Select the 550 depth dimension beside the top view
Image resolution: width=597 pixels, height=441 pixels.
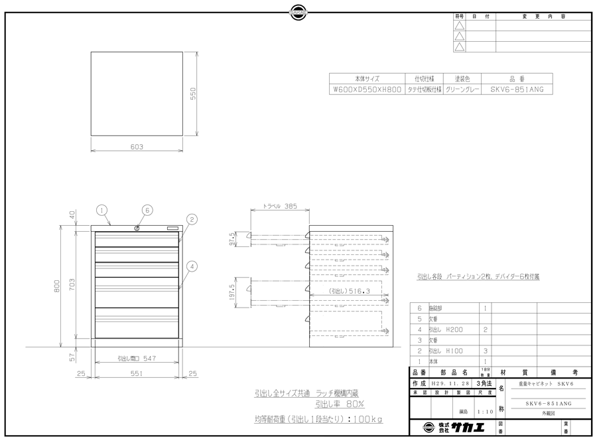click(x=194, y=94)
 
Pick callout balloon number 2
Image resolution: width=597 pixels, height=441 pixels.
click(x=190, y=219)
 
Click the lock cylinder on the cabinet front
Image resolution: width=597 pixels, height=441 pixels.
click(x=137, y=229)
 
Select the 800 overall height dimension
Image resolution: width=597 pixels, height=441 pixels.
click(x=58, y=286)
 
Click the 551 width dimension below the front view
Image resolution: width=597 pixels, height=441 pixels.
click(x=137, y=375)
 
